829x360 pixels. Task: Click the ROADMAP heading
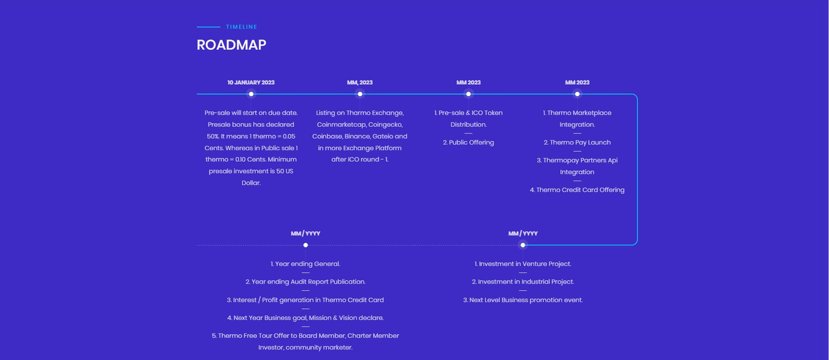231,45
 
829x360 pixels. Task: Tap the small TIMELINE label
242,27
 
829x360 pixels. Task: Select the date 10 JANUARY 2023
251,82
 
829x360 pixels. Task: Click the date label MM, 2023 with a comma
359,82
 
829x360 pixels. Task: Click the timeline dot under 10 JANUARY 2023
251,94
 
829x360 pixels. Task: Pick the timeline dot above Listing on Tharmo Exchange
359,94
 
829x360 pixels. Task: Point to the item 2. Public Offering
468,142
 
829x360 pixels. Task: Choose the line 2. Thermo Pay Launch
577,142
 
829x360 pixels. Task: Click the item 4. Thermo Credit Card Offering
577,190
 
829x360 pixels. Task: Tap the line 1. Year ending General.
305,264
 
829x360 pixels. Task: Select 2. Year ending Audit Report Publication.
305,282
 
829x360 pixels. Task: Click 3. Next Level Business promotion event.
523,300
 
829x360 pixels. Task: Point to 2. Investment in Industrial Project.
523,282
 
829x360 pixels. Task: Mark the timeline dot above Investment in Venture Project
523,245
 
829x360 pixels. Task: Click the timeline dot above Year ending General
305,245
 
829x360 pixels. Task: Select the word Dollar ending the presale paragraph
251,183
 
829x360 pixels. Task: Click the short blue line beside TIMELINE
209,27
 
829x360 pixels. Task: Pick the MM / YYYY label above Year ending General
305,234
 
